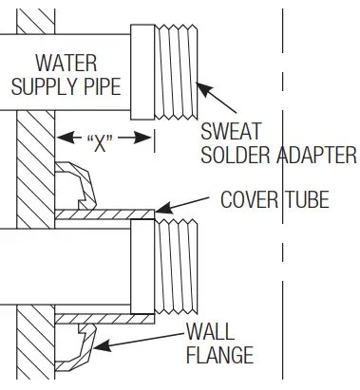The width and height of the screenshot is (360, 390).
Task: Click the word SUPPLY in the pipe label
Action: coord(41,86)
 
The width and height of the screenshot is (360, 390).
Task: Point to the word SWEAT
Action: coord(227,132)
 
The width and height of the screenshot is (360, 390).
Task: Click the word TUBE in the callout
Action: coord(307,199)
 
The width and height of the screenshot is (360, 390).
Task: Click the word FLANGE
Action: coord(220,356)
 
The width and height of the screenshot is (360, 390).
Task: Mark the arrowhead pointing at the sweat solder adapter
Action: coord(199,87)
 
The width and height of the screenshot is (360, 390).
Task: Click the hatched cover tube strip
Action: coord(104,215)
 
